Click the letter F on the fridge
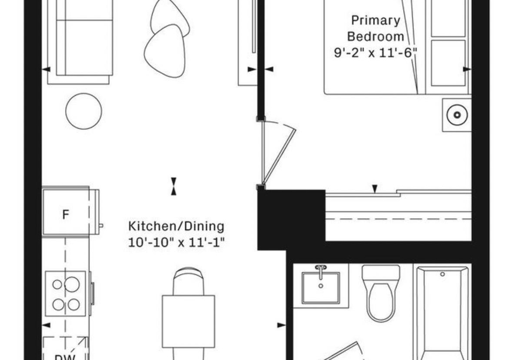(x=65, y=215)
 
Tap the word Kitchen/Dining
(x=176, y=226)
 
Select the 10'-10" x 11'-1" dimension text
(x=176, y=243)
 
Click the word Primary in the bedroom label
(x=376, y=21)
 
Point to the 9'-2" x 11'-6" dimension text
(x=376, y=52)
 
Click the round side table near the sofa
(x=84, y=111)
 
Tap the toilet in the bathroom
(x=381, y=294)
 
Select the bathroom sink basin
(x=321, y=288)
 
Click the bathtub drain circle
(x=442, y=274)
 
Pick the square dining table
(x=188, y=321)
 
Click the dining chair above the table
(x=188, y=281)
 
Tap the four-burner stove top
(x=65, y=294)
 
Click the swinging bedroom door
(x=278, y=153)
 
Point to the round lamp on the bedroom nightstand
(x=457, y=115)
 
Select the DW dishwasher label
(x=65, y=357)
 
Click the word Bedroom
(x=376, y=36)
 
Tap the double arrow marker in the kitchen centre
(x=173, y=186)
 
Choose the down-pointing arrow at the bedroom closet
(x=375, y=189)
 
